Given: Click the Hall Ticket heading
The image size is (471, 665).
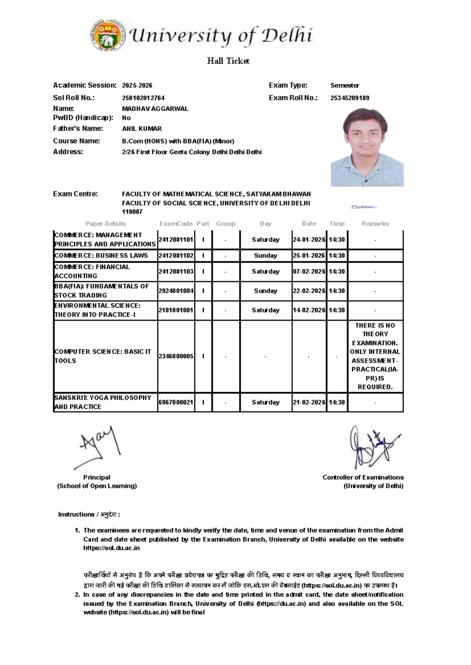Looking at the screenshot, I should point(228,61).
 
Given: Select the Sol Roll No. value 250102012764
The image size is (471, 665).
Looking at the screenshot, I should point(143,98).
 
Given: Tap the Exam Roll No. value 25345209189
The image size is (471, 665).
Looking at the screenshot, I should point(350,98).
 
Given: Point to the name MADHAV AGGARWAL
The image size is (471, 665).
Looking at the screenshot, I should point(155,109).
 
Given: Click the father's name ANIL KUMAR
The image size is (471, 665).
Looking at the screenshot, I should point(142,129).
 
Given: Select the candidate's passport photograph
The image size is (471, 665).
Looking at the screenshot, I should point(367,147).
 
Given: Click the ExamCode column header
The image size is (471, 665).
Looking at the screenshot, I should point(176,223).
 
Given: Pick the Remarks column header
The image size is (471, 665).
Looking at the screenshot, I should point(375,223).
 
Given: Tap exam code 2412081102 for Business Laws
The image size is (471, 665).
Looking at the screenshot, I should point(176,256).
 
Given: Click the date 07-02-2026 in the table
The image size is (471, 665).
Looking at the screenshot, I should point(309,271).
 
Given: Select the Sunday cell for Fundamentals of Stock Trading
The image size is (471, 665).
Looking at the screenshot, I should point(265,291).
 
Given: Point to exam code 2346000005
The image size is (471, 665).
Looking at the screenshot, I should point(176,356).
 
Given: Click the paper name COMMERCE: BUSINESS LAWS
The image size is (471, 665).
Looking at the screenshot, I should point(101,256).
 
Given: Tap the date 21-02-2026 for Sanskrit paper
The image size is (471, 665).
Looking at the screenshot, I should point(309,402).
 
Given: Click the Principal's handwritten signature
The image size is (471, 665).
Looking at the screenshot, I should point(98,447).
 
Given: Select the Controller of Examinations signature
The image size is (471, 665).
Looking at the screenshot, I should point(373,447).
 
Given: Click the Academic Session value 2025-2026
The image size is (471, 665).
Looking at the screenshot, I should point(137,85).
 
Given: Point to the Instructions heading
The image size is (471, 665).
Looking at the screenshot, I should point(89,514).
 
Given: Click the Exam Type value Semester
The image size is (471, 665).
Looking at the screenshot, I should point(345,85).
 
